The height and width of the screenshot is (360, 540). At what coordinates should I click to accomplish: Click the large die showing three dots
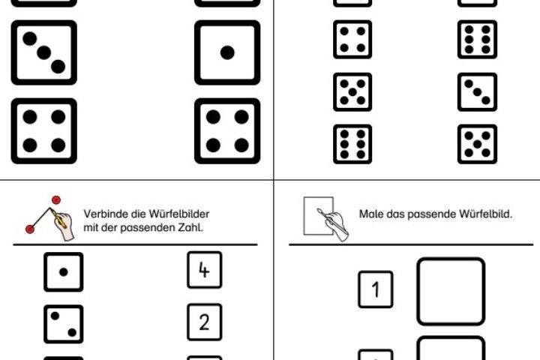[x=43, y=52]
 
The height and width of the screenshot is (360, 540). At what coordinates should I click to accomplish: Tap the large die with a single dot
[x=227, y=52]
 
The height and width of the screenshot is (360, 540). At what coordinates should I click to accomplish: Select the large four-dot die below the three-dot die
[x=43, y=131]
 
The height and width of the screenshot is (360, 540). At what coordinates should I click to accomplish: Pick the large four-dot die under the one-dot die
[x=227, y=131]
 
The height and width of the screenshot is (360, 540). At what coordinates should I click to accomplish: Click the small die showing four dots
[x=352, y=40]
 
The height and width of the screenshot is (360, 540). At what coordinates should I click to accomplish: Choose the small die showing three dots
[x=477, y=92]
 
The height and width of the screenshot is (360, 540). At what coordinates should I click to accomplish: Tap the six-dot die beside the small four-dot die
[x=477, y=40]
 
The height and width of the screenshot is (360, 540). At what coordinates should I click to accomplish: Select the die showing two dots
[x=63, y=324]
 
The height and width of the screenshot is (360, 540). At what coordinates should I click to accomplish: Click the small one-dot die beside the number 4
[x=63, y=271]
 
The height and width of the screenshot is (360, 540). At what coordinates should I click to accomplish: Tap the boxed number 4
[x=204, y=270]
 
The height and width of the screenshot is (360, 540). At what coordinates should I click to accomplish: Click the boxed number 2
[x=204, y=322]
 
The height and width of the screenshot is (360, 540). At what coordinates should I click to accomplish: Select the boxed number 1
[x=375, y=289]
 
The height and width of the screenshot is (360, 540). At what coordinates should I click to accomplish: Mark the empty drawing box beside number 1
[x=450, y=291]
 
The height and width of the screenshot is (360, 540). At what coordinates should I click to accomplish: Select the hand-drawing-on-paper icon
[x=324, y=217]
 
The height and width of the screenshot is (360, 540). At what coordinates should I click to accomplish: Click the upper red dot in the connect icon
[x=55, y=200]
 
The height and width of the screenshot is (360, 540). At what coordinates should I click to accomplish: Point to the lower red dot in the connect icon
[x=29, y=228]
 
